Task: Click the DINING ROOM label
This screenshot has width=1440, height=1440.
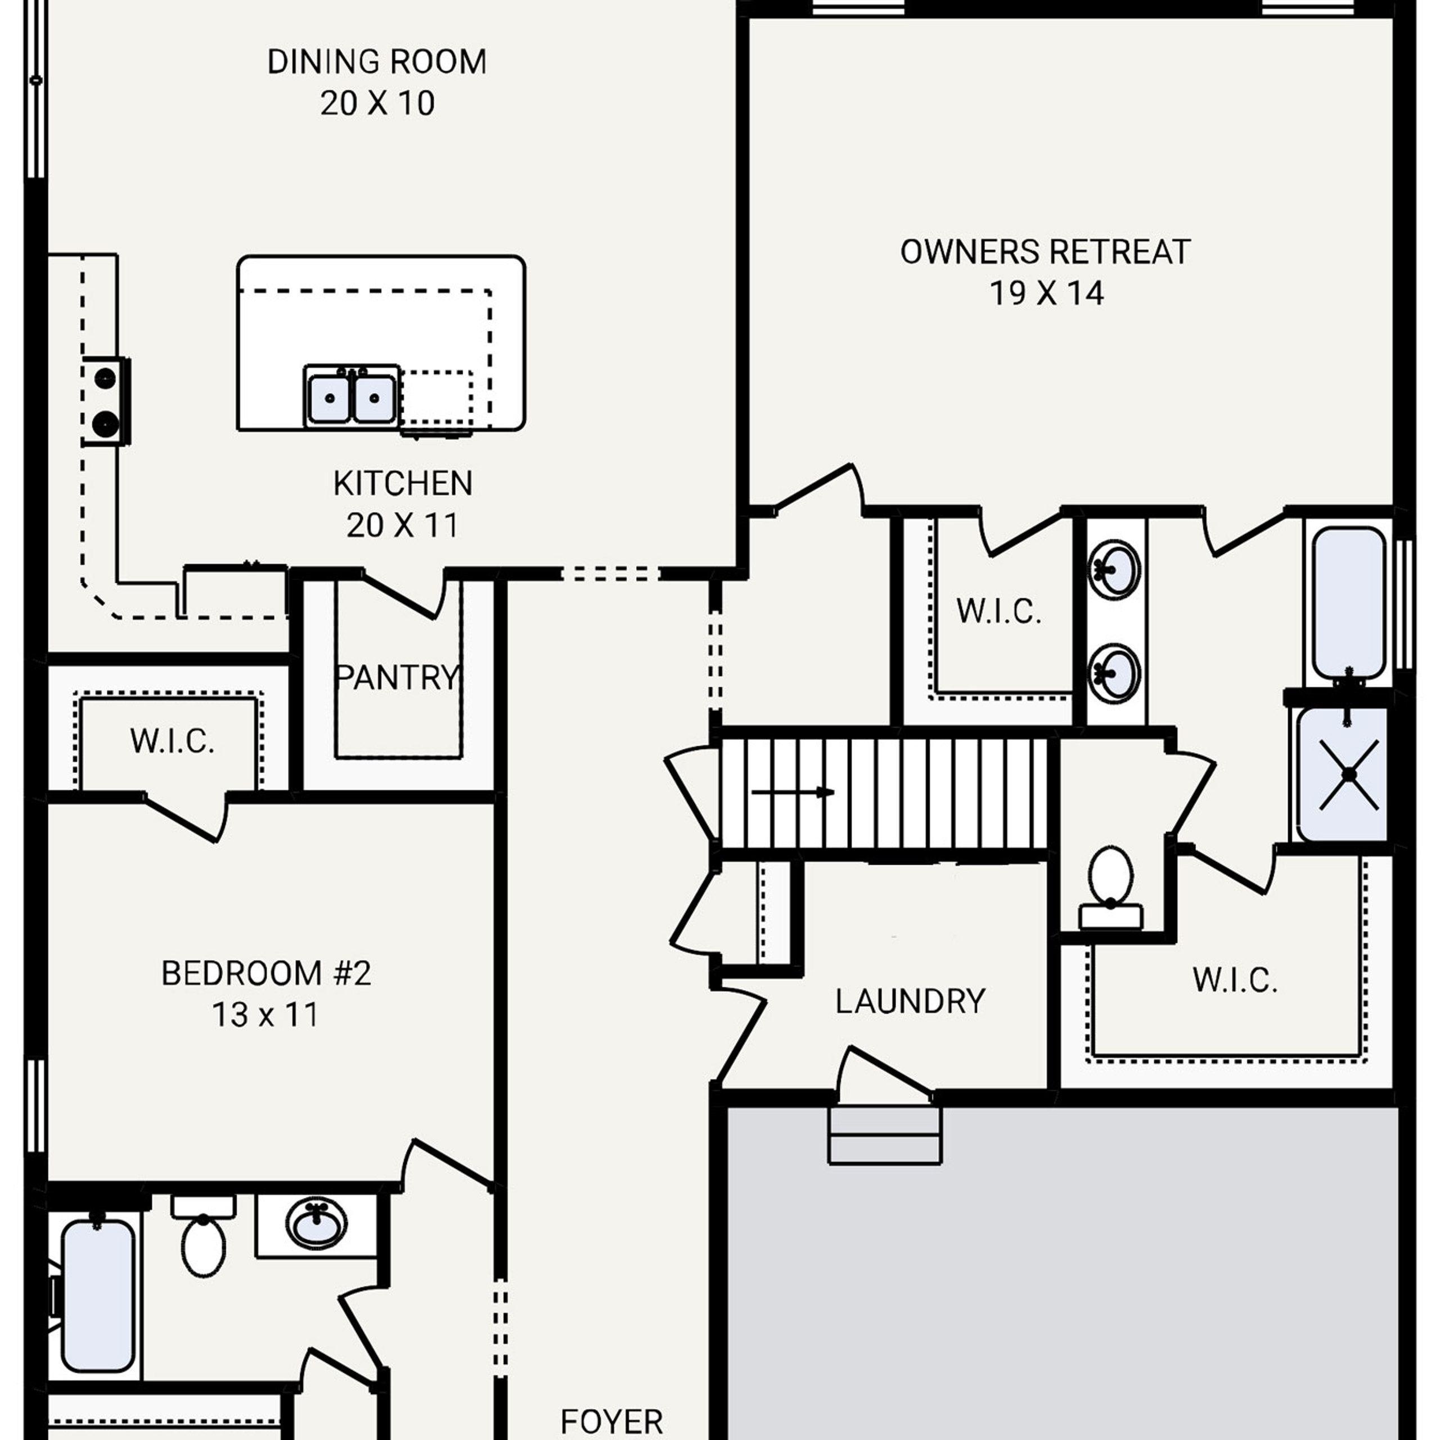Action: [x=376, y=62]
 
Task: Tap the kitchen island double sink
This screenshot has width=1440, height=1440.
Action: [x=351, y=397]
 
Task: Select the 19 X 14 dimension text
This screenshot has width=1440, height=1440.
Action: [x=1046, y=294]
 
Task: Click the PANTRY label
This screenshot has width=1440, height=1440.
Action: [x=397, y=677]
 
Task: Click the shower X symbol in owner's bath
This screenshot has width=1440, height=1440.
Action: [x=1348, y=775]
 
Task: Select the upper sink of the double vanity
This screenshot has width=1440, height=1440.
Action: [x=1114, y=569]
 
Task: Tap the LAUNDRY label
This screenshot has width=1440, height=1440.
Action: [x=910, y=1001]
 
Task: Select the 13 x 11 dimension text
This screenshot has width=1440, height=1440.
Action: [x=266, y=1014]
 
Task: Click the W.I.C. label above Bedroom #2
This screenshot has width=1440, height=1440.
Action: [x=172, y=741]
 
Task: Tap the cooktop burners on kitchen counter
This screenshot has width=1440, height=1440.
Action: [x=105, y=402]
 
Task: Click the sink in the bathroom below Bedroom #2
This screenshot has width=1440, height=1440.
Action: [x=316, y=1222]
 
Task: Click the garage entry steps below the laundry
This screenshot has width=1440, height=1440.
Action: [x=885, y=1135]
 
